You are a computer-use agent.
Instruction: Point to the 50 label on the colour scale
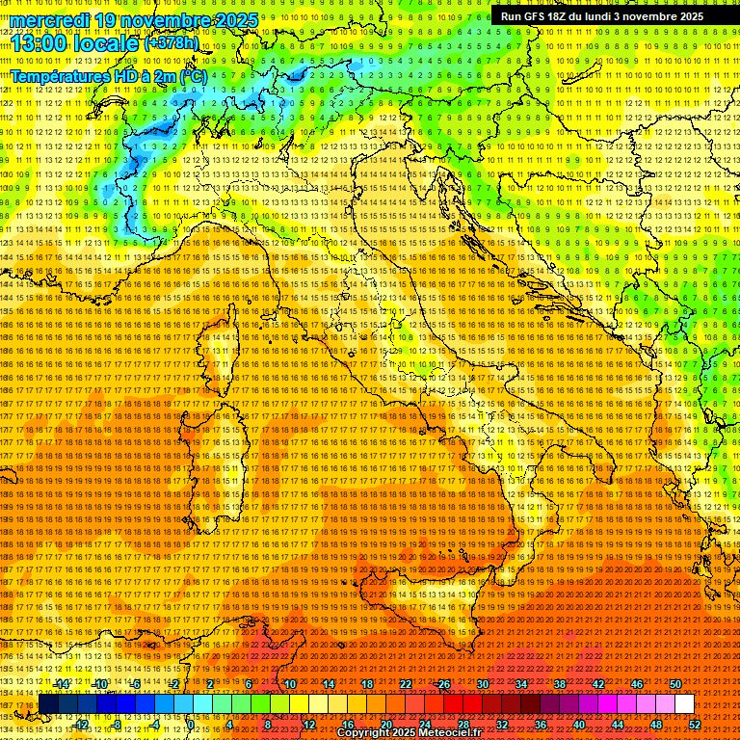point(675,684)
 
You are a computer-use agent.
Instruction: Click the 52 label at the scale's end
point(695,724)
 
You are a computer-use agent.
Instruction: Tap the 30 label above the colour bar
point(483,684)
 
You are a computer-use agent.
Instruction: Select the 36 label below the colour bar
point(541,724)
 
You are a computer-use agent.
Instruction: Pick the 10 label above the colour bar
point(290,684)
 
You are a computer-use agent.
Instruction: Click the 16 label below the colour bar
point(348,724)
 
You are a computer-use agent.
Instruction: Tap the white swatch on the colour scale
point(684,704)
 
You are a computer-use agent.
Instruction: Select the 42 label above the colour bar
point(598,684)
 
